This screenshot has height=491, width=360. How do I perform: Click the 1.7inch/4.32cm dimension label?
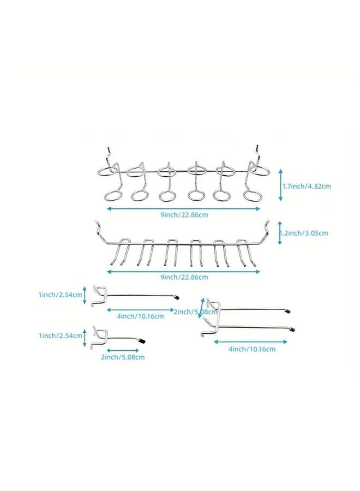coord(307,186)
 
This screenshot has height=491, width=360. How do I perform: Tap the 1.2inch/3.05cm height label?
coord(304,233)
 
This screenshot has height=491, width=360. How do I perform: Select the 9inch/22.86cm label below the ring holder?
coord(184,215)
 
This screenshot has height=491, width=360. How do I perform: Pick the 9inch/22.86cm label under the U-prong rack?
coord(184,277)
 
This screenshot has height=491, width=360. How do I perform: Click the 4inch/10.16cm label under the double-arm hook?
coord(252,349)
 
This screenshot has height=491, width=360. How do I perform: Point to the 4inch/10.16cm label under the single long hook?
coord(141,316)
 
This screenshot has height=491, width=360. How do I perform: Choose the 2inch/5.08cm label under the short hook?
coord(123,357)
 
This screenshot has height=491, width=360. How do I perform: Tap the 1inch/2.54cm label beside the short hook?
coord(61,336)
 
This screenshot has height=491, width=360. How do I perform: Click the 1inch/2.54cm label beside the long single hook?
coord(61,295)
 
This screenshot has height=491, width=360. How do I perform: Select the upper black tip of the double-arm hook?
coord(287,312)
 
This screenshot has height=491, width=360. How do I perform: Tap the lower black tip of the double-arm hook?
coord(292,329)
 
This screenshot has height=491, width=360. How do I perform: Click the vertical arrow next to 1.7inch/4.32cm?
coord(281,185)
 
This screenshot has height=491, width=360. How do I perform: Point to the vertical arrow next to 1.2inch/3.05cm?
coord(280,233)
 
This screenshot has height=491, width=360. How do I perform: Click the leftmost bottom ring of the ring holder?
coord(113,196)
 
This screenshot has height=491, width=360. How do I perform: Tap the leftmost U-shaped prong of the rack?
coord(121,250)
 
